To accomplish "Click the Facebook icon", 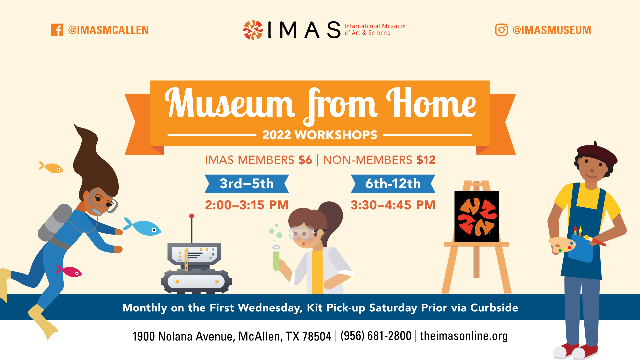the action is (x=57, y=30).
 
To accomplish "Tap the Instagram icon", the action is (x=501, y=30).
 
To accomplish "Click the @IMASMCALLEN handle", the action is (x=108, y=30).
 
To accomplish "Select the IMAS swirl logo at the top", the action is (x=253, y=30).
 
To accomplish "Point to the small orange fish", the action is (x=51, y=167).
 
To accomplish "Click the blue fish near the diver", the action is (x=142, y=228).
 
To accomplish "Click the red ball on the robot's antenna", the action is (x=192, y=216).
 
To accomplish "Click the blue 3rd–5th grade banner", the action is (x=247, y=184).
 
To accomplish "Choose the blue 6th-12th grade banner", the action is (x=393, y=184).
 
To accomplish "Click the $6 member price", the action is (x=305, y=160).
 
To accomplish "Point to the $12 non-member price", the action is (x=426, y=160).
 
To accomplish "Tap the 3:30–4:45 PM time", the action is (x=393, y=205).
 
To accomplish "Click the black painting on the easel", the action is (x=477, y=216).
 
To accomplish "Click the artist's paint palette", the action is (x=562, y=245).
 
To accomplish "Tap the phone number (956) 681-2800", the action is (x=376, y=336).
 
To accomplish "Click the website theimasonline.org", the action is (x=464, y=336).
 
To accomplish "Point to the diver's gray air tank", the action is (x=55, y=223).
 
